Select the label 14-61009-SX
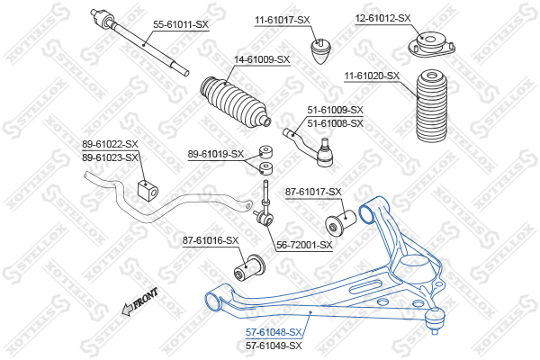click(262, 59)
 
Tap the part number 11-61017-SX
click(282, 19)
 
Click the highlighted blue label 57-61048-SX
click(274, 332)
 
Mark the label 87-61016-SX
click(211, 240)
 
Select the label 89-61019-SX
click(216, 154)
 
